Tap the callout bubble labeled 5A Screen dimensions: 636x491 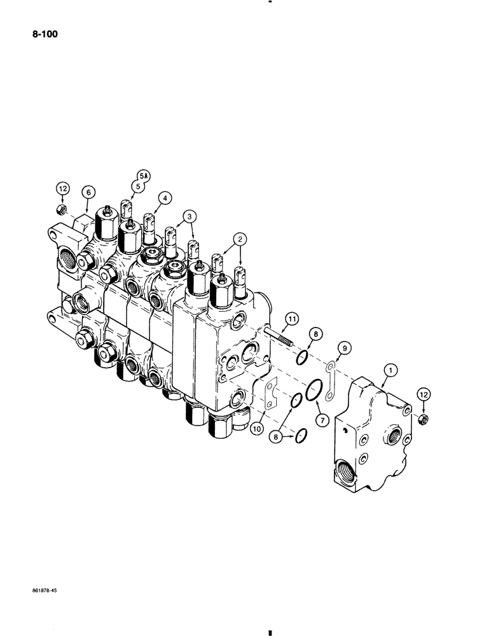point(141,175)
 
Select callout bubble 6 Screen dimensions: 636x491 point(87,191)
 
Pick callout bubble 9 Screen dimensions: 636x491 point(343,348)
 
